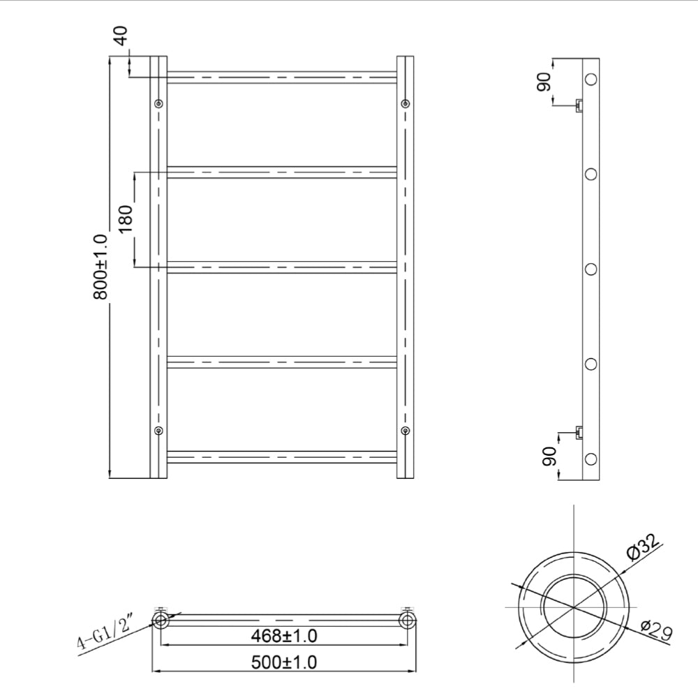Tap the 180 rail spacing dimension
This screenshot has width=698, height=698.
pyautogui.click(x=126, y=219)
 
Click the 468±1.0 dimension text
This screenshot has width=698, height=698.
pyautogui.click(x=284, y=637)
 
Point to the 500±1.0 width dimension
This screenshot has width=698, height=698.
pyautogui.click(x=284, y=661)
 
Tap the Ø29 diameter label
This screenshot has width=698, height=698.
pyautogui.click(x=654, y=632)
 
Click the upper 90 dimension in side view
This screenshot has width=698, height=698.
pyautogui.click(x=544, y=81)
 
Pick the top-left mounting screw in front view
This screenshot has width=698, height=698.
pyautogui.click(x=159, y=104)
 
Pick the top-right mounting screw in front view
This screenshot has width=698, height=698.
pyautogui.click(x=406, y=104)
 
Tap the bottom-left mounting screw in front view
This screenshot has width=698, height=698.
pyautogui.click(x=159, y=430)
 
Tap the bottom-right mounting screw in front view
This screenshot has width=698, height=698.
pyautogui.click(x=406, y=430)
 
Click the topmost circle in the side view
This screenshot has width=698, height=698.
pyautogui.click(x=591, y=79)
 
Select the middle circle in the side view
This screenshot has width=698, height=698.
pyautogui.click(x=591, y=269)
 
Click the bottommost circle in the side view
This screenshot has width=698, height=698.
pyautogui.click(x=591, y=459)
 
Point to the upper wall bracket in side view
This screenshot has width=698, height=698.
pyautogui.click(x=579, y=105)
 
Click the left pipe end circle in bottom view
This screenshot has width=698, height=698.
pyautogui.click(x=161, y=620)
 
